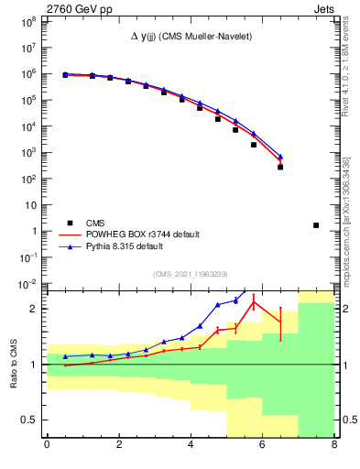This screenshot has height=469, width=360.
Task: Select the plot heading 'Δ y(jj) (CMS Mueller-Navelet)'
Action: (191, 36)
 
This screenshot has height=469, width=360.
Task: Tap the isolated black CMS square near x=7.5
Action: (316, 225)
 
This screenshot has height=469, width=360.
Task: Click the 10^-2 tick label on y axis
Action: (28, 286)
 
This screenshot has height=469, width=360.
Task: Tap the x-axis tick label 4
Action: (191, 446)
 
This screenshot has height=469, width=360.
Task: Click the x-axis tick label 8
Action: (333, 446)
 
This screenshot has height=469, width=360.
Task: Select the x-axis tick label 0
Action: (47, 446)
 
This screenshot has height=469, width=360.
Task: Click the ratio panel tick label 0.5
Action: (29, 420)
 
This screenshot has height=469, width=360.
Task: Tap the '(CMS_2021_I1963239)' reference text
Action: (191, 274)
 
